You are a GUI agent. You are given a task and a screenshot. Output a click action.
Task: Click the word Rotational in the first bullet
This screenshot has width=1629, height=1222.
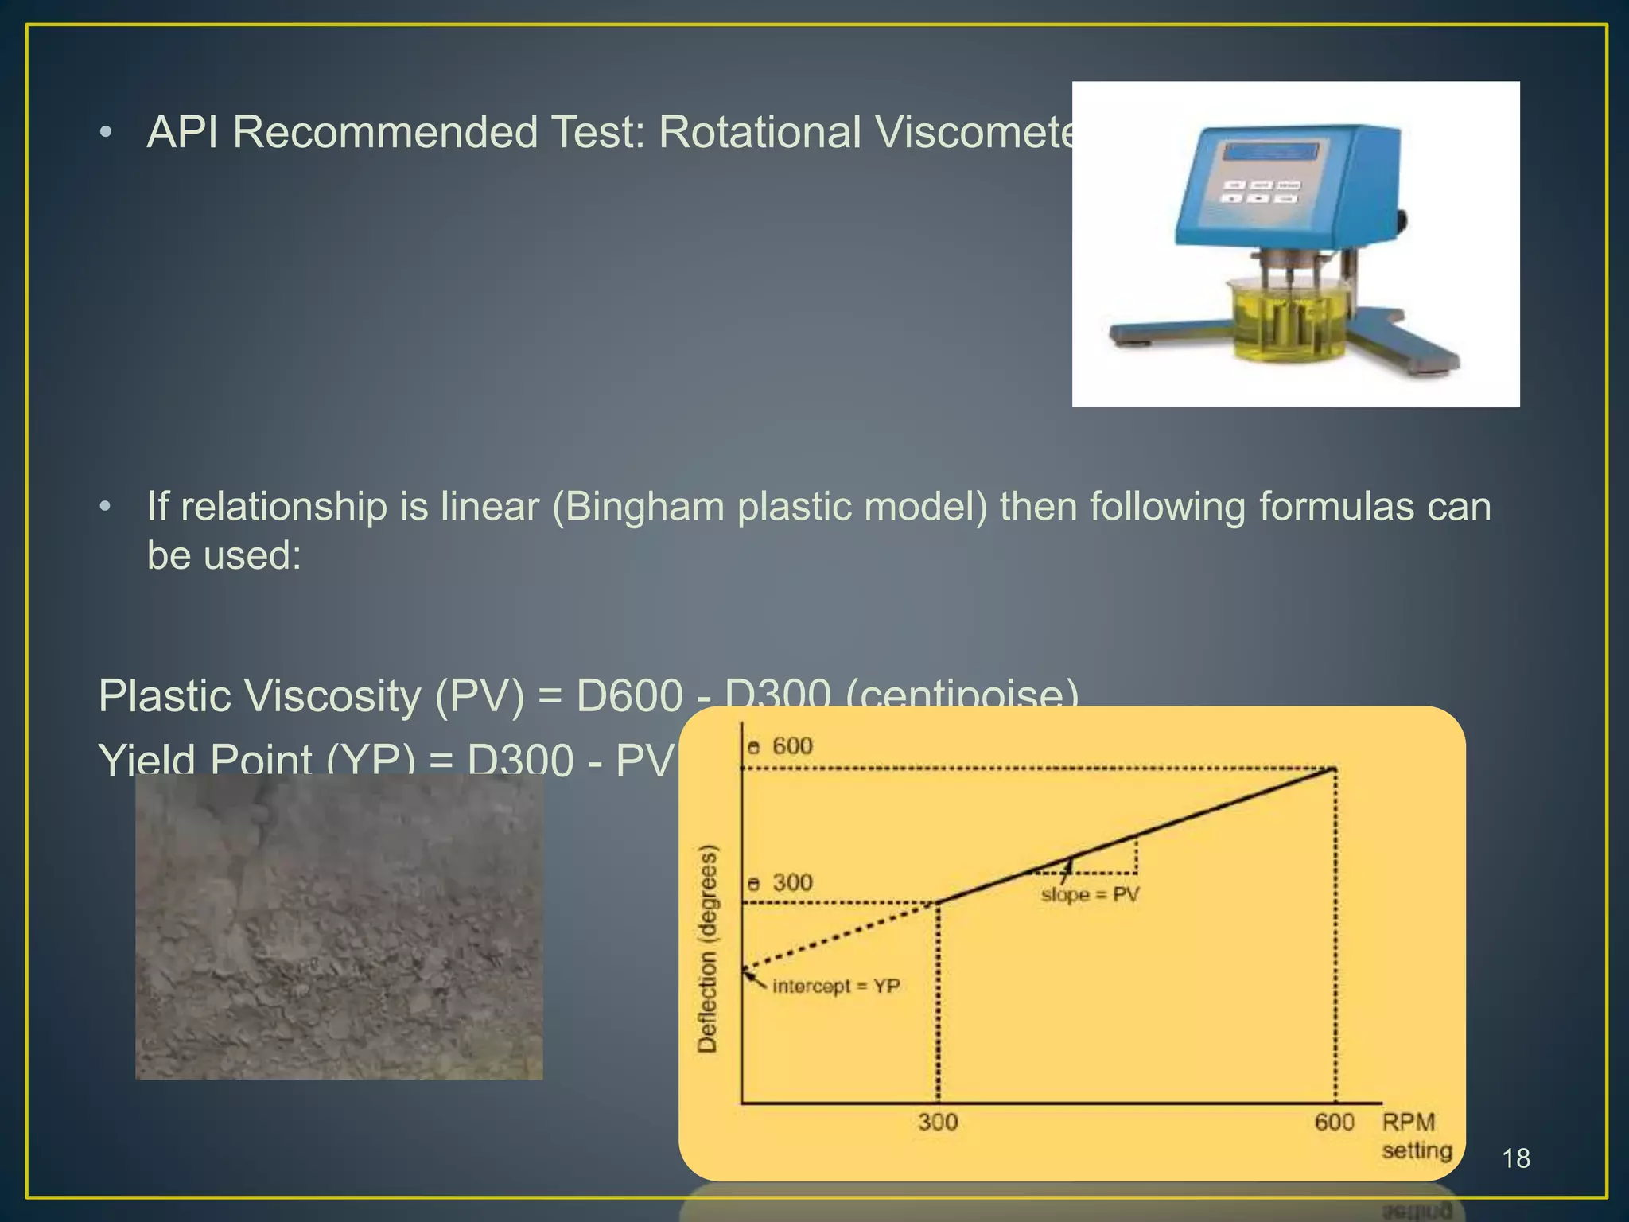coord(760,132)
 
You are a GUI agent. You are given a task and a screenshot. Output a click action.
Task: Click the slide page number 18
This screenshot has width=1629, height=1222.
coord(1516,1158)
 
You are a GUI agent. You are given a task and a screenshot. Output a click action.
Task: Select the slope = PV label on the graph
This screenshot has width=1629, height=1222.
coord(1090,895)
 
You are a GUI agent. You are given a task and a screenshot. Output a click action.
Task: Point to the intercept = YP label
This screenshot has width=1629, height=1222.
coord(835,987)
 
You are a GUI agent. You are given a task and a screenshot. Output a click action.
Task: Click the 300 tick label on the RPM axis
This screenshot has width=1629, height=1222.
coord(938,1123)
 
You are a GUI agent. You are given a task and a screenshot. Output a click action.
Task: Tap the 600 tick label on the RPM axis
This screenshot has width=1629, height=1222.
coord(1334,1123)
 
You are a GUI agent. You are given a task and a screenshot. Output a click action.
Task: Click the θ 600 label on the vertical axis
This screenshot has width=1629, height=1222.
coord(780,746)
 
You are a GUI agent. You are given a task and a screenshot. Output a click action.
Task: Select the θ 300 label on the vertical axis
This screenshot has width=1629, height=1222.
coord(780,882)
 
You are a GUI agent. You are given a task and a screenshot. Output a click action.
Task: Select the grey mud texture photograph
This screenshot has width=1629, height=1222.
coord(339,927)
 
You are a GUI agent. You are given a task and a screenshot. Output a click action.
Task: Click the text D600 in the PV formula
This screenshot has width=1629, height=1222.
coord(629,696)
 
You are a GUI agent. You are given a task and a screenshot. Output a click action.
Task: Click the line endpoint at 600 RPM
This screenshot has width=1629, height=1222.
coord(1335,769)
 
